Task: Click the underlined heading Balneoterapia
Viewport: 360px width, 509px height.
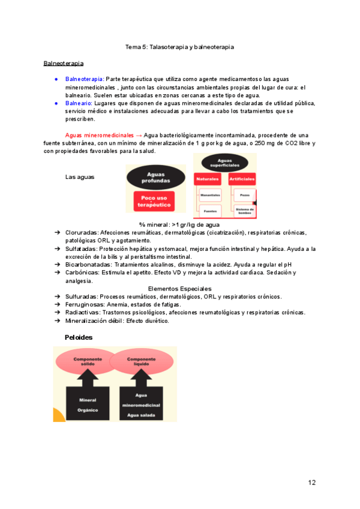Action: [x=63, y=63]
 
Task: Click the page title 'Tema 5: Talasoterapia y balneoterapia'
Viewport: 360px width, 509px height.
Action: [x=179, y=46]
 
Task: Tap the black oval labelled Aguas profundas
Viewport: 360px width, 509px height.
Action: [x=155, y=176]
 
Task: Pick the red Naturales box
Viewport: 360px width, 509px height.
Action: [x=208, y=179]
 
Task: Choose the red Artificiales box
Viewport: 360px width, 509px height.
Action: [x=242, y=179]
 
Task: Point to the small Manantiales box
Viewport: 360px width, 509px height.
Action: [x=210, y=195]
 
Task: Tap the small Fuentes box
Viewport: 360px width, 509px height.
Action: [x=210, y=211]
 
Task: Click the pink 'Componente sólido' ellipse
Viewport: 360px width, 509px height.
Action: [x=88, y=361]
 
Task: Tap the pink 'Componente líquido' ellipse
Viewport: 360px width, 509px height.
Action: [x=142, y=361]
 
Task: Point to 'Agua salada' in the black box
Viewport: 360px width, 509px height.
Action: [x=142, y=415]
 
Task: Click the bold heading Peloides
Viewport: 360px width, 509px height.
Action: [x=79, y=337]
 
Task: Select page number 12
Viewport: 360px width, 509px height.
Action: [x=311, y=483]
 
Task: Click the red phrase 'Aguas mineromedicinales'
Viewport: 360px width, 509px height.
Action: [x=99, y=136]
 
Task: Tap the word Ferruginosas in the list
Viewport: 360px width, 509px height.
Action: [x=83, y=304]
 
